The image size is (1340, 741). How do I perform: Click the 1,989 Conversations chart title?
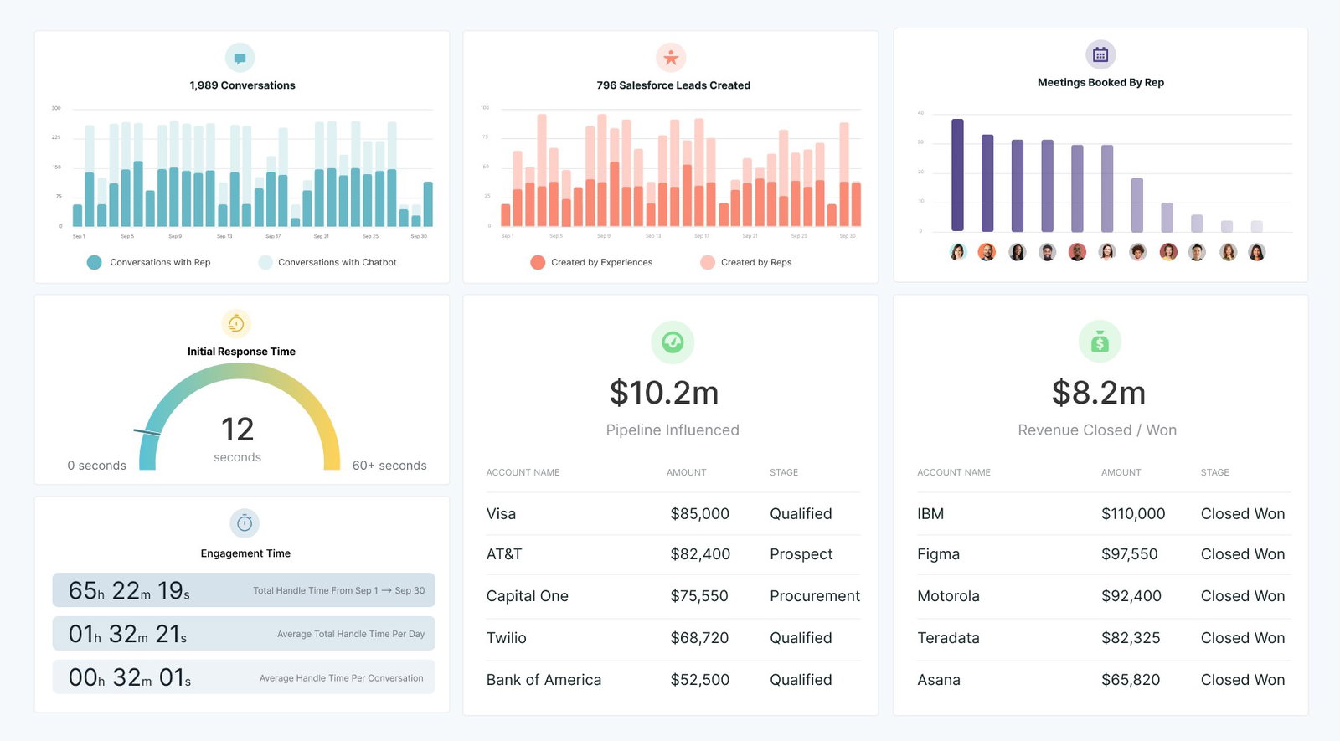(242, 85)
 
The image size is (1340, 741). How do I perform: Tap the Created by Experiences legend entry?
(600, 262)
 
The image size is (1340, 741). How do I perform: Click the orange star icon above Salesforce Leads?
(671, 58)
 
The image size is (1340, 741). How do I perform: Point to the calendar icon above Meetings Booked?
(1100, 54)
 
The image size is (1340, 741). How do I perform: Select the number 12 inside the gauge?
(237, 430)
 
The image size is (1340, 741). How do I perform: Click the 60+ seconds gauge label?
(389, 466)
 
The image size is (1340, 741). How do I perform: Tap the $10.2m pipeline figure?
(664, 393)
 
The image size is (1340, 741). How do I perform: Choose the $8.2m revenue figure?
(1098, 393)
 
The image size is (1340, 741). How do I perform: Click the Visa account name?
(501, 513)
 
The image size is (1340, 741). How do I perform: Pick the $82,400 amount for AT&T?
(700, 553)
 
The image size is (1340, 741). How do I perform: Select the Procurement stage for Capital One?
(814, 595)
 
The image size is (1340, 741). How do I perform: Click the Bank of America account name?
(544, 679)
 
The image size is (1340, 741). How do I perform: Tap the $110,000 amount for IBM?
(1132, 513)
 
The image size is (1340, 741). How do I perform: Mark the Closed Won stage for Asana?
(1242, 679)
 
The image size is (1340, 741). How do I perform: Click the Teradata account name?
(948, 637)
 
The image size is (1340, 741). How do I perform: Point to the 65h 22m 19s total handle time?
(129, 590)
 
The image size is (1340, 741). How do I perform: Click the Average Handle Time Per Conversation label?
(341, 678)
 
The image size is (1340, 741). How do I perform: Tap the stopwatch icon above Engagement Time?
(245, 523)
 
